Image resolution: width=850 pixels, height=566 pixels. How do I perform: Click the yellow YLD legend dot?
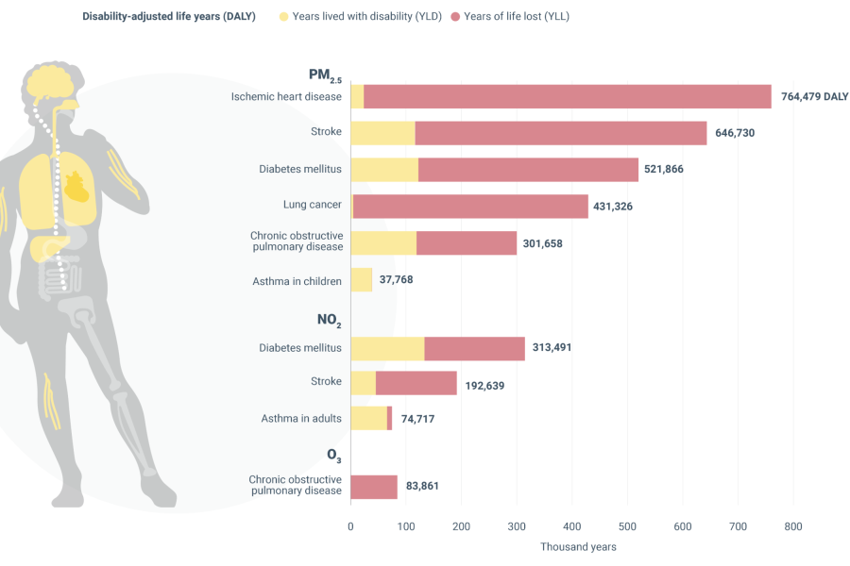283,17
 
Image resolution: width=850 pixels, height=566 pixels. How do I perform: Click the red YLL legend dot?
455,17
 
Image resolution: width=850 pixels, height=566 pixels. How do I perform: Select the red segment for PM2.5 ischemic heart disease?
567,96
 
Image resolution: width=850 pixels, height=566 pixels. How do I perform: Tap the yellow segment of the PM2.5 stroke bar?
382,133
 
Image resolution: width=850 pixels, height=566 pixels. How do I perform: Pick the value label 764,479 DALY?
815,96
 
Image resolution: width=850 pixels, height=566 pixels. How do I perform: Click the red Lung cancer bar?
470,207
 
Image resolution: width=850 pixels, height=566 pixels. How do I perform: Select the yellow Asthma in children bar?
362,280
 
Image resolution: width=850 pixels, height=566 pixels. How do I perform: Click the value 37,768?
396,280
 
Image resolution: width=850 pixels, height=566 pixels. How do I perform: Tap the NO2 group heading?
329,319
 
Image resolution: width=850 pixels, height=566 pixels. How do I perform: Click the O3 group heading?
333,455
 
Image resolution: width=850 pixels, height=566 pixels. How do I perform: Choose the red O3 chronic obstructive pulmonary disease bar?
374,487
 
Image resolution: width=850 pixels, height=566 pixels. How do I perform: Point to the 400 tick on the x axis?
572,526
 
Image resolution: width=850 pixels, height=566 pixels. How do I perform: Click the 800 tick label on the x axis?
793,526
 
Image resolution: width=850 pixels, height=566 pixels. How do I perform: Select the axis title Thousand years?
578,547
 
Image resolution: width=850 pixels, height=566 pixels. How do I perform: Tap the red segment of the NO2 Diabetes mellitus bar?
474,348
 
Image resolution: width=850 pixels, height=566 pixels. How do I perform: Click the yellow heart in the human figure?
78,186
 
